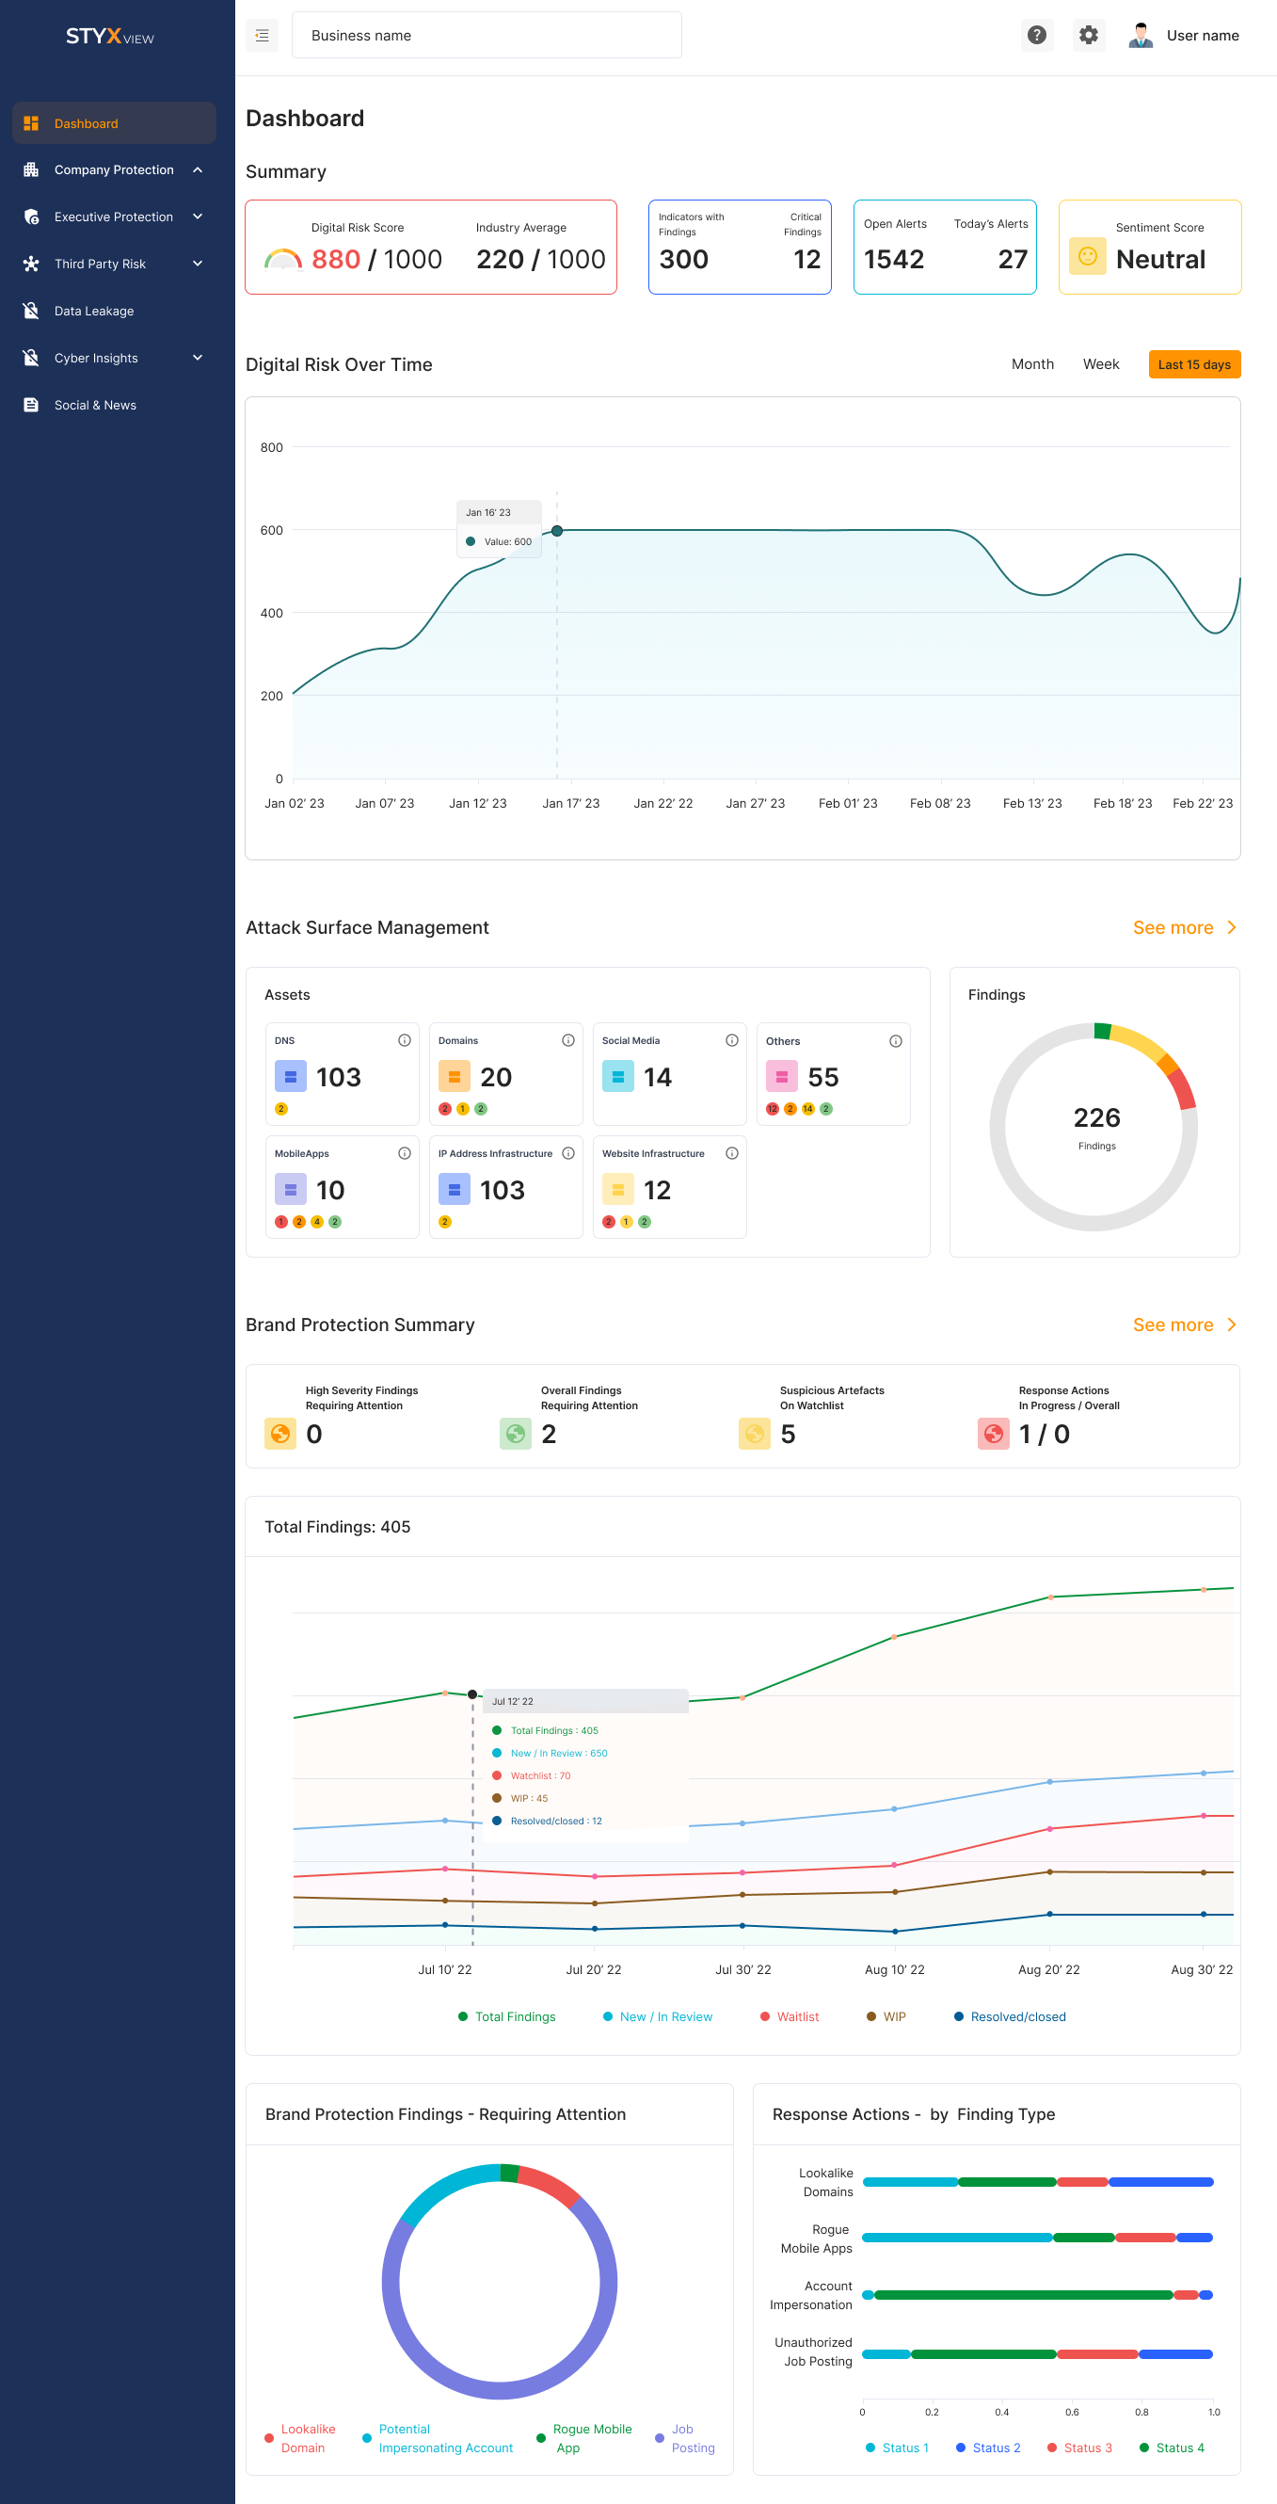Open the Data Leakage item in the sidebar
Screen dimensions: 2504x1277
pos(93,311)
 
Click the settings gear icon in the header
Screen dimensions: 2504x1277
pos(1089,36)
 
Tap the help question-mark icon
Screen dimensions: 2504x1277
pos(1037,36)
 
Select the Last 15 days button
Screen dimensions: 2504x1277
pos(1193,364)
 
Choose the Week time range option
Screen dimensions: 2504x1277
pos(1100,364)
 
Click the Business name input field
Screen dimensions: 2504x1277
pos(486,36)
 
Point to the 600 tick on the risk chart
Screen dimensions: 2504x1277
pos(271,531)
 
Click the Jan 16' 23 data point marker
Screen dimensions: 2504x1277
pos(557,531)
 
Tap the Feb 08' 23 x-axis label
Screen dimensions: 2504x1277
pos(940,804)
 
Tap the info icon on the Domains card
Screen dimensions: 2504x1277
pos(568,1041)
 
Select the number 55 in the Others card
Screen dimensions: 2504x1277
pos(823,1078)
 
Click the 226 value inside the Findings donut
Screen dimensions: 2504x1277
pos(1096,1119)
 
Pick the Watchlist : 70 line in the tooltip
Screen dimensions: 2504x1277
pos(540,1776)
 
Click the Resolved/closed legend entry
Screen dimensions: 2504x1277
pos(1016,2017)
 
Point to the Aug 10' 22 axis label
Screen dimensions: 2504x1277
pos(894,1970)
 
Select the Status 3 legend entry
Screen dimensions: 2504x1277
pos(1087,2448)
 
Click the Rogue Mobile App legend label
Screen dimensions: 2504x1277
pos(591,2438)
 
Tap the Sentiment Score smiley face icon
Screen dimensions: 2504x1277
pos(1088,257)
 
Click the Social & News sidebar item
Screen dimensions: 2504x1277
pos(94,406)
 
